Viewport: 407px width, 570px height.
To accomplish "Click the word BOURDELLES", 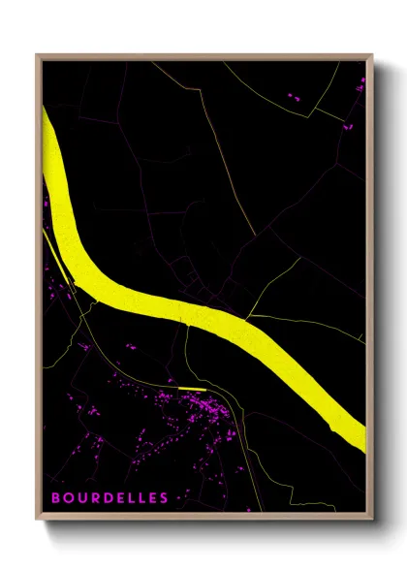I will [x=109, y=498].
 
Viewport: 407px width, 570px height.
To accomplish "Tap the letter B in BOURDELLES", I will [x=55, y=498].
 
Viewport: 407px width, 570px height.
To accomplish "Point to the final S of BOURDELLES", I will [x=164, y=498].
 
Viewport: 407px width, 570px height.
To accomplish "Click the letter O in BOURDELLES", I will [x=67, y=498].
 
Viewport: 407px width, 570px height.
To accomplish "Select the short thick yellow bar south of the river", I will [x=191, y=389].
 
